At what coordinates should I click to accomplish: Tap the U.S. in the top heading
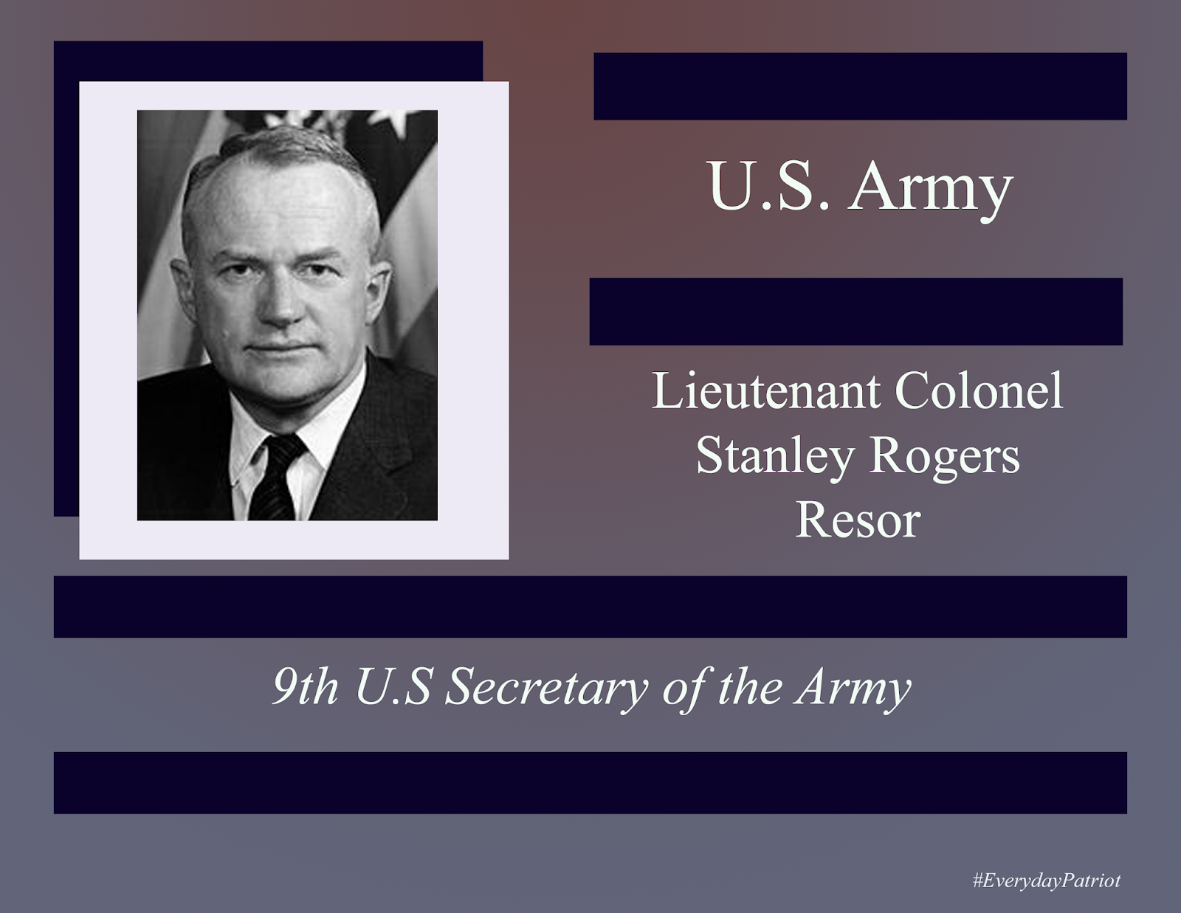click(768, 186)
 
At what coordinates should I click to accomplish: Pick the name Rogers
click(945, 456)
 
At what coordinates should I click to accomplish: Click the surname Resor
click(858, 520)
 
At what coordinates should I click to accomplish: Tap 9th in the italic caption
click(305, 687)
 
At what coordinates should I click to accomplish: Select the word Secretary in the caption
click(546, 687)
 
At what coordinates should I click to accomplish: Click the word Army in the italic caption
click(853, 687)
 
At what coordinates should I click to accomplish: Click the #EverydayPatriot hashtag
click(1046, 881)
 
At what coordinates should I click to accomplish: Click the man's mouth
click(280, 347)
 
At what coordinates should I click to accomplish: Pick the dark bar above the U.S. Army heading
click(860, 86)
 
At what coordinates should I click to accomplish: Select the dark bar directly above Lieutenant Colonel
click(855, 311)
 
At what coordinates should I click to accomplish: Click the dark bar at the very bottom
click(590, 783)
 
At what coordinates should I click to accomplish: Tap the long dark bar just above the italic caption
click(590, 607)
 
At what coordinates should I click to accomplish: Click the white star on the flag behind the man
click(392, 120)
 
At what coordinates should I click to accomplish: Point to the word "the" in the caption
click(750, 687)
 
